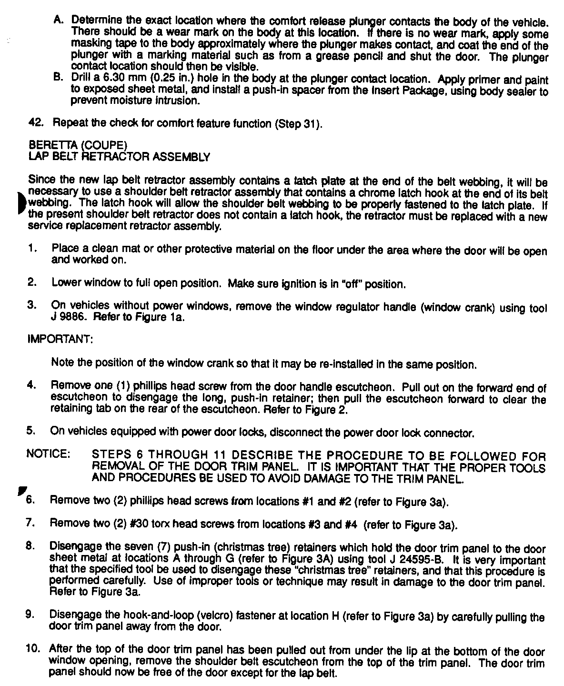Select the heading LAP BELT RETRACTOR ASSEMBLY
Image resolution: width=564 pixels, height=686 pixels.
[x=119, y=156]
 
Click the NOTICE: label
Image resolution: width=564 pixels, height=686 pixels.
[x=49, y=454]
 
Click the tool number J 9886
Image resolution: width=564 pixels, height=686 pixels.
[x=70, y=317]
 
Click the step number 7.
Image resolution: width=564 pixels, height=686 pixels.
[x=30, y=523]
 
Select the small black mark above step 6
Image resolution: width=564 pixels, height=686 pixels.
[x=20, y=491]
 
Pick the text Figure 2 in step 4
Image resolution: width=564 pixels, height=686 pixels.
[x=332, y=410]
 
